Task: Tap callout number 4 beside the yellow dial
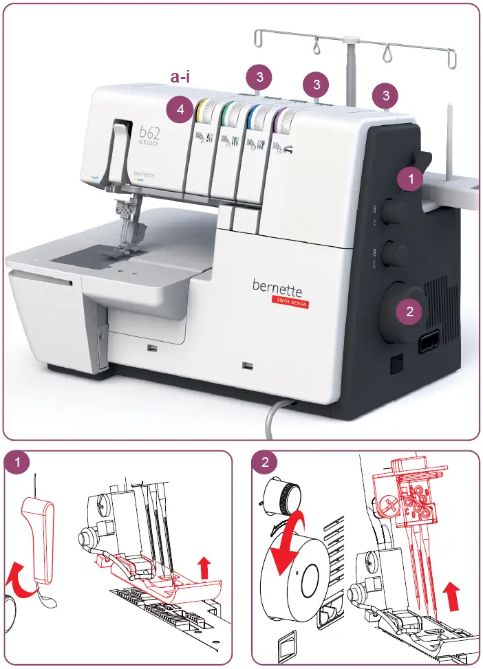(180, 109)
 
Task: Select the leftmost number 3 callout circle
(259, 75)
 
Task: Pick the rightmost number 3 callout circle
(385, 94)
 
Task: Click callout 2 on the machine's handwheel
(410, 311)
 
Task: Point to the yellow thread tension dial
(203, 109)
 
